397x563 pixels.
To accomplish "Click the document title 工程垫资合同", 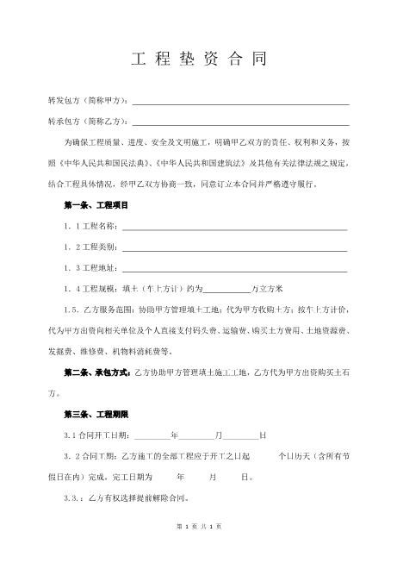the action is pos(198,60).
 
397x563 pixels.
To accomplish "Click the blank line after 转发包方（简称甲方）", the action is pos(240,103).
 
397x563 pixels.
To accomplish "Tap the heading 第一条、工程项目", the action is pos(96,206).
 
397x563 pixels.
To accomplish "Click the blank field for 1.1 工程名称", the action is pos(234,228).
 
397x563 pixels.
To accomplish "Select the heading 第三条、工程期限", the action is pos(96,415).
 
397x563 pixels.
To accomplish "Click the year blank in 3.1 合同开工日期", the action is pos(152,436).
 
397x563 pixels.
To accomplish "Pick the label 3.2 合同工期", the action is pos(91,457).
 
